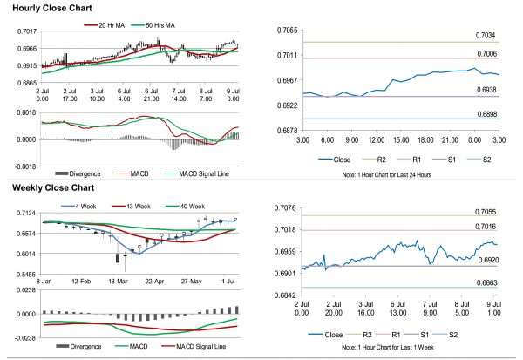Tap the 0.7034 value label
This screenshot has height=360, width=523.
pyautogui.click(x=486, y=35)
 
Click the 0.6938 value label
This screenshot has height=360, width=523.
pyautogui.click(x=486, y=90)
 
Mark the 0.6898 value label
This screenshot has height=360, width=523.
pyautogui.click(x=486, y=113)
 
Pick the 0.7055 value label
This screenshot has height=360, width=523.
pyautogui.click(x=486, y=212)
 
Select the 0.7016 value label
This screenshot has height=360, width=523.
pyautogui.click(x=486, y=225)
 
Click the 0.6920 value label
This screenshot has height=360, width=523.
pyautogui.click(x=486, y=260)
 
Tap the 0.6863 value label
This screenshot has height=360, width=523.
pyautogui.click(x=486, y=283)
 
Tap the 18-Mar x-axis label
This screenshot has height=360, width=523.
pyautogui.click(x=119, y=282)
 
